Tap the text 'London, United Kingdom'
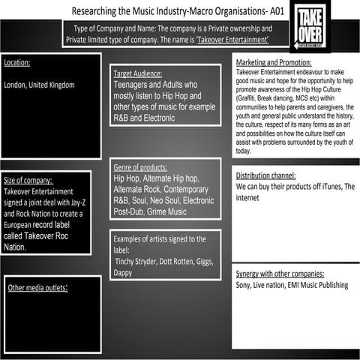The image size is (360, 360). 39,85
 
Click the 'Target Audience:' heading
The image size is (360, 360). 142,74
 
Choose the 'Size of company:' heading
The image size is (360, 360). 29,181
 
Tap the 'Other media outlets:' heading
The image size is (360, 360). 38,287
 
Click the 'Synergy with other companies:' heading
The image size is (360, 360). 280,274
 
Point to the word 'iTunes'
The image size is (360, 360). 329,186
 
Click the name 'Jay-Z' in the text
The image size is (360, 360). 81,202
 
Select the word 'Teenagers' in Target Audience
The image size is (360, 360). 133,85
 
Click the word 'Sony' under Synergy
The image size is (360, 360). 244,286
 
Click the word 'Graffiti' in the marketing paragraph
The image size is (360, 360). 250,99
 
